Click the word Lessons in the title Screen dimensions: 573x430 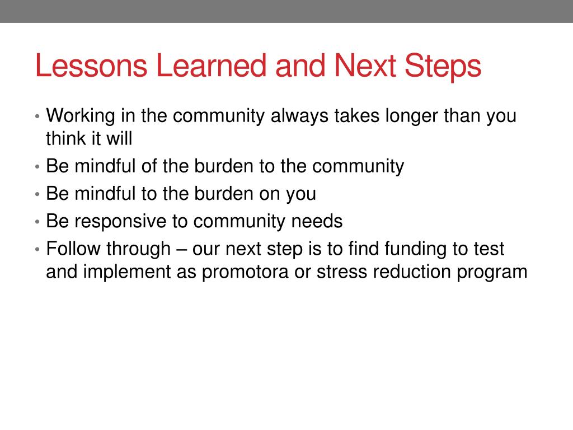(x=91, y=66)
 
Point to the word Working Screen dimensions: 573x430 (x=81, y=116)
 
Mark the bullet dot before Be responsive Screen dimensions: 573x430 (x=37, y=222)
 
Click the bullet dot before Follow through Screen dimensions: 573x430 (x=37, y=249)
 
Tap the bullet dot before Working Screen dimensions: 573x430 (x=37, y=116)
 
